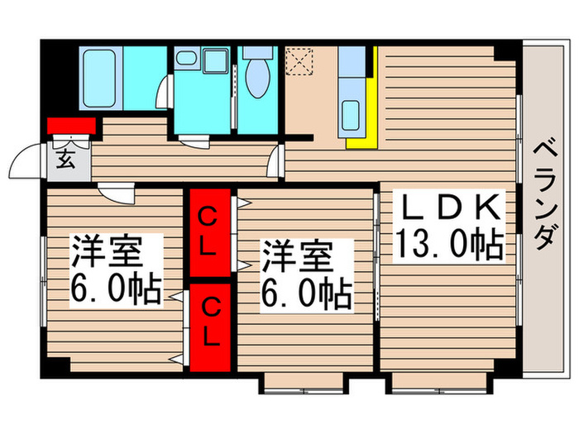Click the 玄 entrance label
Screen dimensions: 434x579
coord(65,160)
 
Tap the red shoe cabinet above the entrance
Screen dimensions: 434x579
coord(71,126)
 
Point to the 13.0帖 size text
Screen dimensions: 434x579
coord(448,243)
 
